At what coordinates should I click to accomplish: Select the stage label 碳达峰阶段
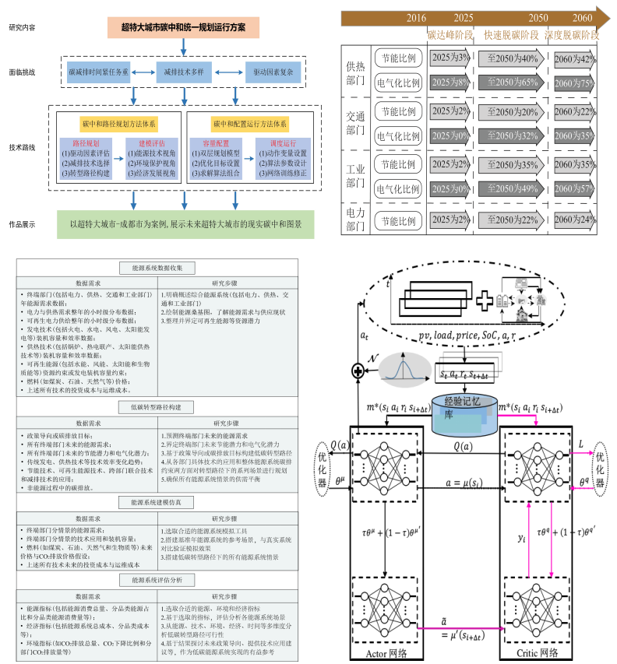pos(450,35)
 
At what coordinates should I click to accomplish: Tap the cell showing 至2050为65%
pos(513,82)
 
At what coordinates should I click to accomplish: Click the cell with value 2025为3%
pos(450,58)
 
